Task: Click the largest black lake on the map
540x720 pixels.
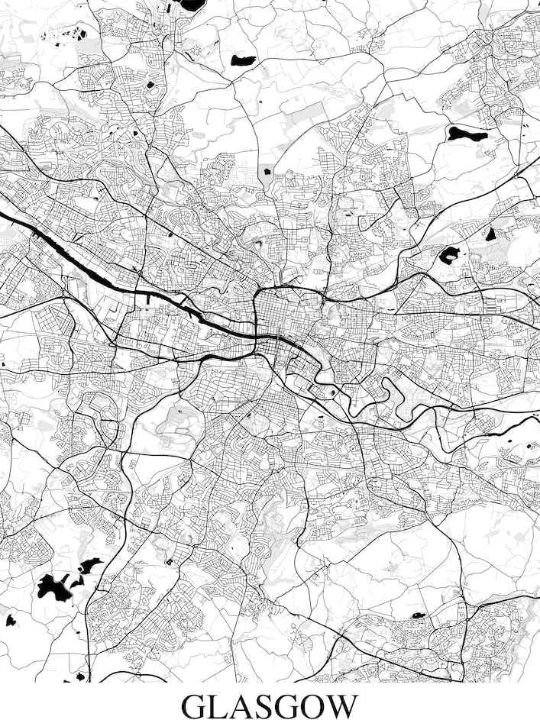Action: click(53, 586)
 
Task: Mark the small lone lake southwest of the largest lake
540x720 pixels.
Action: click(11, 620)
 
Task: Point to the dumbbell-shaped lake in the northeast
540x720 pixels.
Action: click(467, 134)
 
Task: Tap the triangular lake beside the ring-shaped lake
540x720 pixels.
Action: click(490, 234)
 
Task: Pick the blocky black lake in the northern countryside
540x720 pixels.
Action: click(244, 60)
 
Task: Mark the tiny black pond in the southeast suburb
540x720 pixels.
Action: click(418, 615)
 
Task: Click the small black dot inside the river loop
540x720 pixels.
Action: click(333, 393)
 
